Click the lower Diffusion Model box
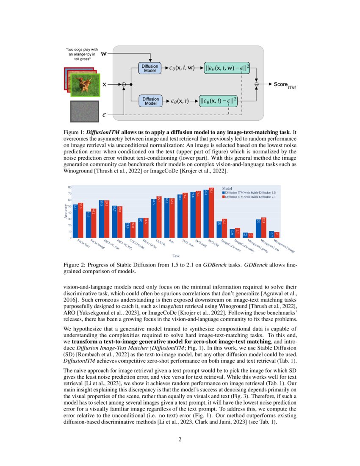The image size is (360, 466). coord(150,101)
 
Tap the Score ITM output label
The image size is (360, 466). coord(284,85)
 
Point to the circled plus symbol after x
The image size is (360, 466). coord(124,85)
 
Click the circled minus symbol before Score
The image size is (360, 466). coord(257,85)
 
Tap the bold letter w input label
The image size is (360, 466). coord(104,54)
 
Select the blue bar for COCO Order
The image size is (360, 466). coord(127,230)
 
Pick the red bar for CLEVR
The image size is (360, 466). coord(159,217)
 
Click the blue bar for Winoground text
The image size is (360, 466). coord(258,228)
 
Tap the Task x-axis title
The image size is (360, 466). coord(175,255)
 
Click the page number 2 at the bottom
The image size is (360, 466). coord(180,439)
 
